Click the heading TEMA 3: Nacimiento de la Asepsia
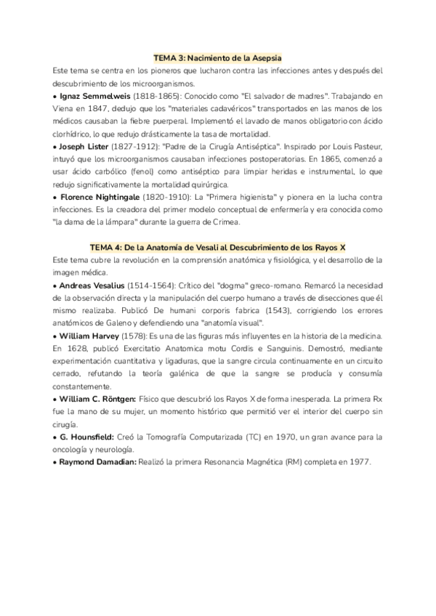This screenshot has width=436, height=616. click(217, 57)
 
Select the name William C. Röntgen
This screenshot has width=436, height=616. click(98, 400)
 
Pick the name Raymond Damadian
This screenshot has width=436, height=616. click(97, 463)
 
